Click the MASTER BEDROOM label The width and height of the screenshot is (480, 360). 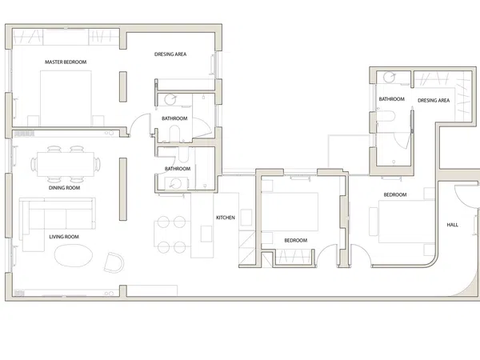66,62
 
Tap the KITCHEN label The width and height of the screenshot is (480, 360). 226,218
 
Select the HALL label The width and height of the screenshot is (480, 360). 452,225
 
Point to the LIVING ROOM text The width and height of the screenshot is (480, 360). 64,237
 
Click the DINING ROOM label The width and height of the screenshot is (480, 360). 64,188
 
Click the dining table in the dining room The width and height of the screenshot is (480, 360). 66,164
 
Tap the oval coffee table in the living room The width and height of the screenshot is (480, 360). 74,256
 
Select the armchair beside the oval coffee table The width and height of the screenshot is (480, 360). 114,262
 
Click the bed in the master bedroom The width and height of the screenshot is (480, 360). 66,98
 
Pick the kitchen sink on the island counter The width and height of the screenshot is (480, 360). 206,234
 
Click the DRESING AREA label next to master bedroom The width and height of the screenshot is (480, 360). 170,54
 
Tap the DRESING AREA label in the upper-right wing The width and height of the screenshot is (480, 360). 434,101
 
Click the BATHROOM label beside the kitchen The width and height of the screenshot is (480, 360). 178,169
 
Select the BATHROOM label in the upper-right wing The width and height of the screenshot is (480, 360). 391,99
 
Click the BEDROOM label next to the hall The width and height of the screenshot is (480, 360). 395,194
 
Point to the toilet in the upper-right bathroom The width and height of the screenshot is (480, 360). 386,117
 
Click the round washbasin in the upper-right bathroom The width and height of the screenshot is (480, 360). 390,78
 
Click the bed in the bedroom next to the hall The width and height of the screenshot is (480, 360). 406,222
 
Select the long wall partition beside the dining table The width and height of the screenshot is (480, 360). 123,189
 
